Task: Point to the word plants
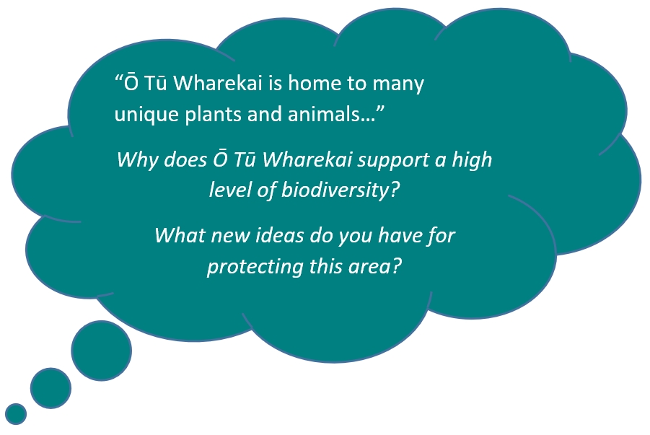click(213, 115)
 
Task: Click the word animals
click(328, 114)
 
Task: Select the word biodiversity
click(335, 190)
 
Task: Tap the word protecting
click(255, 267)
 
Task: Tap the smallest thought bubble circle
click(16, 413)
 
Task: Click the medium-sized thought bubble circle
click(50, 388)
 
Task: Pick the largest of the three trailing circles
click(102, 351)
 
